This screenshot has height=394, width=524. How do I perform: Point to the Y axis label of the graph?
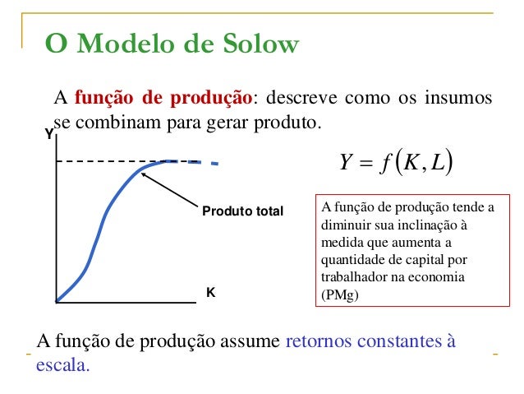[x=48, y=133]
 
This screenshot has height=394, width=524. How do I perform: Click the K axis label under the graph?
[x=210, y=292]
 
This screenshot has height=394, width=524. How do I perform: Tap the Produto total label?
[x=242, y=211]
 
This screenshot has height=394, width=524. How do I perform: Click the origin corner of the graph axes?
[x=56, y=303]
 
